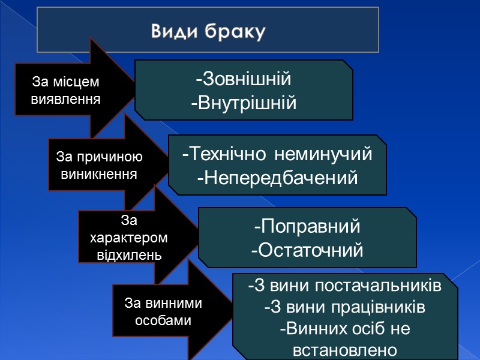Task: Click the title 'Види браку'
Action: pos(208,31)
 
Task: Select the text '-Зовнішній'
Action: pos(243,79)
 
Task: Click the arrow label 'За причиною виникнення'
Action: pos(99,166)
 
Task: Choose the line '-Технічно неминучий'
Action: pos(277,154)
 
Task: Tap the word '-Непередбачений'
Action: pos(277,178)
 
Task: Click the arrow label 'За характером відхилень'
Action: pos(129,238)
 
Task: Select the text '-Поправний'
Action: pos(307,227)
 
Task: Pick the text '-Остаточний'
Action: pos(307,250)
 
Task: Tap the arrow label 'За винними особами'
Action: pos(163,312)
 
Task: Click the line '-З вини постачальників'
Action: pos(345,286)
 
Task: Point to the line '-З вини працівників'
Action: pos(345,307)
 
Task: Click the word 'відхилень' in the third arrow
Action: pos(129,254)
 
